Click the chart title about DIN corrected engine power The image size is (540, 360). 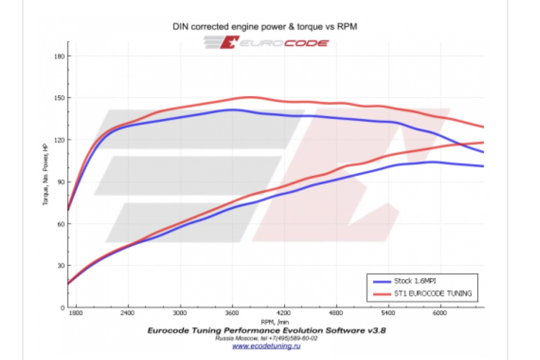click(x=265, y=27)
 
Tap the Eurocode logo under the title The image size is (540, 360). click(x=267, y=42)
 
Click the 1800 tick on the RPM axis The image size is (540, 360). click(x=76, y=313)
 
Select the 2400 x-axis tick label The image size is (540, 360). click(x=128, y=313)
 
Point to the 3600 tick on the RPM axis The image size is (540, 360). click(x=232, y=313)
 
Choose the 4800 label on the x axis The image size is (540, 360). click(x=336, y=313)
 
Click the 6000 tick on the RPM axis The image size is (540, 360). click(x=440, y=313)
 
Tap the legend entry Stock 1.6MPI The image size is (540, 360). click(x=415, y=281)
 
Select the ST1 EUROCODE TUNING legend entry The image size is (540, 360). click(x=432, y=293)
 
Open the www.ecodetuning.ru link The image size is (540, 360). click(x=266, y=345)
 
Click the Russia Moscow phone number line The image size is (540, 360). click(x=266, y=338)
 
